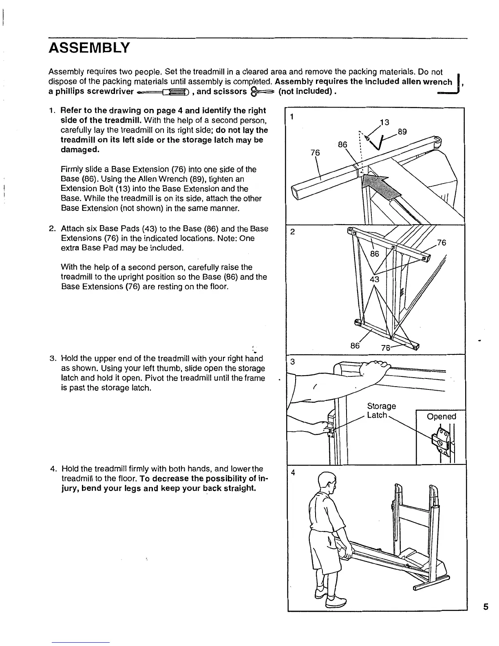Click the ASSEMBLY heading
[x=89, y=48]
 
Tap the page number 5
[x=485, y=607]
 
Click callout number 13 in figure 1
[x=385, y=122]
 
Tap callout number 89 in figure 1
[x=402, y=132]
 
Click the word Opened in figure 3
[x=441, y=416]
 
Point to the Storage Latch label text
[x=381, y=411]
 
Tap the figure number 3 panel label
[x=292, y=362]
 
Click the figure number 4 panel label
[x=292, y=473]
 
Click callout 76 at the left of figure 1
[x=315, y=153]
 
